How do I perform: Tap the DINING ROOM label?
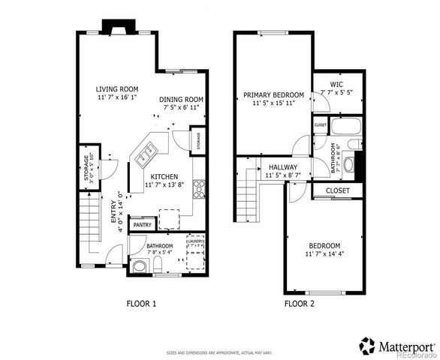181,100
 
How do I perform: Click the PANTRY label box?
141,224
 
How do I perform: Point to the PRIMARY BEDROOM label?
273,95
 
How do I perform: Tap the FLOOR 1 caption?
140,304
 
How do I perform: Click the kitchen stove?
199,187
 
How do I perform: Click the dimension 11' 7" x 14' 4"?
324,255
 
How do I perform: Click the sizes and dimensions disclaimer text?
219,352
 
